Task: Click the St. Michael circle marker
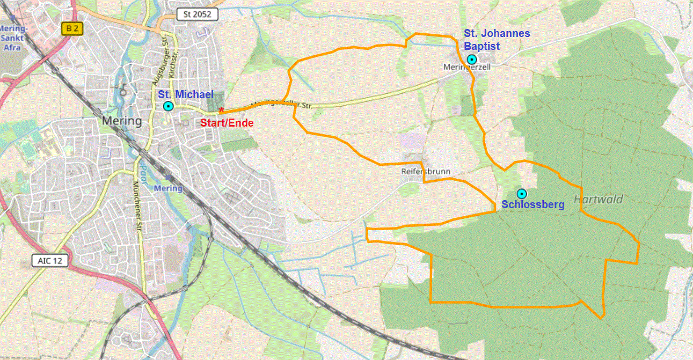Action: coord(168,106)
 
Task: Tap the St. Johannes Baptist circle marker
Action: coord(471,59)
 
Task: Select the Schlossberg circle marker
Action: coord(521,194)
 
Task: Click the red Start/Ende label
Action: coord(227,123)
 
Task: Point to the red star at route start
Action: coord(221,110)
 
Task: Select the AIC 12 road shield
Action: coord(51,261)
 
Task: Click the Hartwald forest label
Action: coord(598,200)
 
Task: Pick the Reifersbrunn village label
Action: coord(426,172)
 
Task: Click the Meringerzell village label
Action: coord(460,68)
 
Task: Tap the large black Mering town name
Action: coord(122,121)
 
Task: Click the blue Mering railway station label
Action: coord(168,188)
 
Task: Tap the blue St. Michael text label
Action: coord(186,95)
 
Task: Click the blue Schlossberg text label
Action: coord(532,204)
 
